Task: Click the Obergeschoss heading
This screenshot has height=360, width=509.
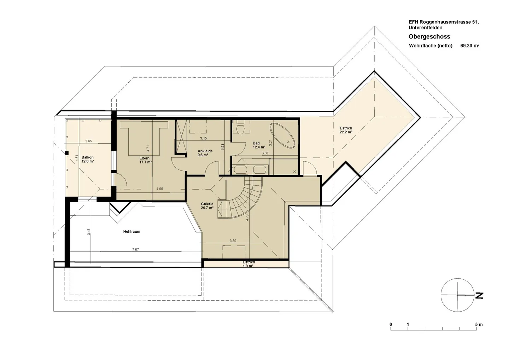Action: click(x=429, y=36)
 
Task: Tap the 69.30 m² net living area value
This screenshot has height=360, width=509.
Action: click(x=470, y=46)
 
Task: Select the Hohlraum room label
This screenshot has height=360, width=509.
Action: click(x=131, y=232)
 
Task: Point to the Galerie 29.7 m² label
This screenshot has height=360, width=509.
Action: click(x=207, y=206)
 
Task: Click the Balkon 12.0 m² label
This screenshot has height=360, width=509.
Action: click(x=88, y=159)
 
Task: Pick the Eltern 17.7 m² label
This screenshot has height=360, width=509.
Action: click(x=145, y=160)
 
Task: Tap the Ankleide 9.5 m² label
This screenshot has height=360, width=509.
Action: click(x=205, y=153)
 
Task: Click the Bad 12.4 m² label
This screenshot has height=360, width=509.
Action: click(x=259, y=145)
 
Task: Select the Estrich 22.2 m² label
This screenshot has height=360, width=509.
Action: click(x=346, y=130)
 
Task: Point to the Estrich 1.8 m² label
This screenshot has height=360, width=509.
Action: click(x=248, y=264)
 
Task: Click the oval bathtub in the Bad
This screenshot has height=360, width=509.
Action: click(x=282, y=136)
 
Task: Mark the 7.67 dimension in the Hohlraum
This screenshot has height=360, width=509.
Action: click(x=135, y=249)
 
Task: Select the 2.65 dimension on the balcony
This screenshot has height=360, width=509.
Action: click(x=88, y=141)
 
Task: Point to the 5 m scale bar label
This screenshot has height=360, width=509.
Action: click(x=479, y=324)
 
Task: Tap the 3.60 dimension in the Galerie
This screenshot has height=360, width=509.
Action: click(x=233, y=241)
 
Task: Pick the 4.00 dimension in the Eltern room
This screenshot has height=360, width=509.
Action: click(x=159, y=188)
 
